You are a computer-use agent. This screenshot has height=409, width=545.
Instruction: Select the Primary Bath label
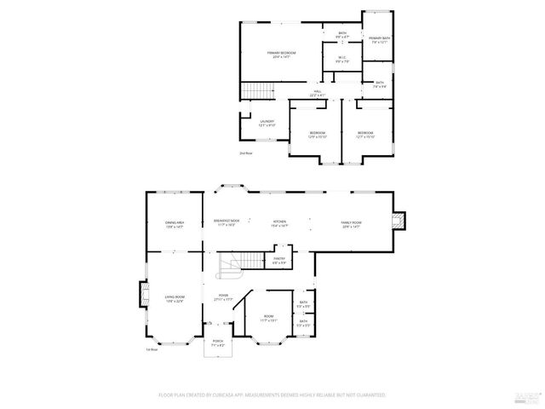coord(379,40)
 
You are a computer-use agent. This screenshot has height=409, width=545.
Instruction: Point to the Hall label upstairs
coord(317,94)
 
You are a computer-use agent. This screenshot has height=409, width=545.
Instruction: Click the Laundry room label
coord(267,124)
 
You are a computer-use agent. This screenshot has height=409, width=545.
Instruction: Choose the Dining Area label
coord(175,224)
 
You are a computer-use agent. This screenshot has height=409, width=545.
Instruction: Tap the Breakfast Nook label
coord(226,222)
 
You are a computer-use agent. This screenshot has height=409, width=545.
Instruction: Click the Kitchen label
coord(279,223)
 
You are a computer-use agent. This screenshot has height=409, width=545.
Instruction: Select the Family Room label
coord(352,225)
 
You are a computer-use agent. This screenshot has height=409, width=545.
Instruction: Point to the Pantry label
coord(278,260)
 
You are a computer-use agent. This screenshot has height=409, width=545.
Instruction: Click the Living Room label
coord(175,298)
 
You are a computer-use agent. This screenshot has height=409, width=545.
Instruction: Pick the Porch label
coord(217,344)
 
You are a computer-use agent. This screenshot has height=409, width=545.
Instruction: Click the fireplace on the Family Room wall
coord(400,223)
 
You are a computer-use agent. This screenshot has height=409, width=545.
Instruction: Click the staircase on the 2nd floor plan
coord(257,90)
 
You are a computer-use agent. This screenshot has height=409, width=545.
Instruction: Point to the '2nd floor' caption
coord(245,153)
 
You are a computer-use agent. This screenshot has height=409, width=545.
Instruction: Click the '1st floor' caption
coord(152,349)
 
